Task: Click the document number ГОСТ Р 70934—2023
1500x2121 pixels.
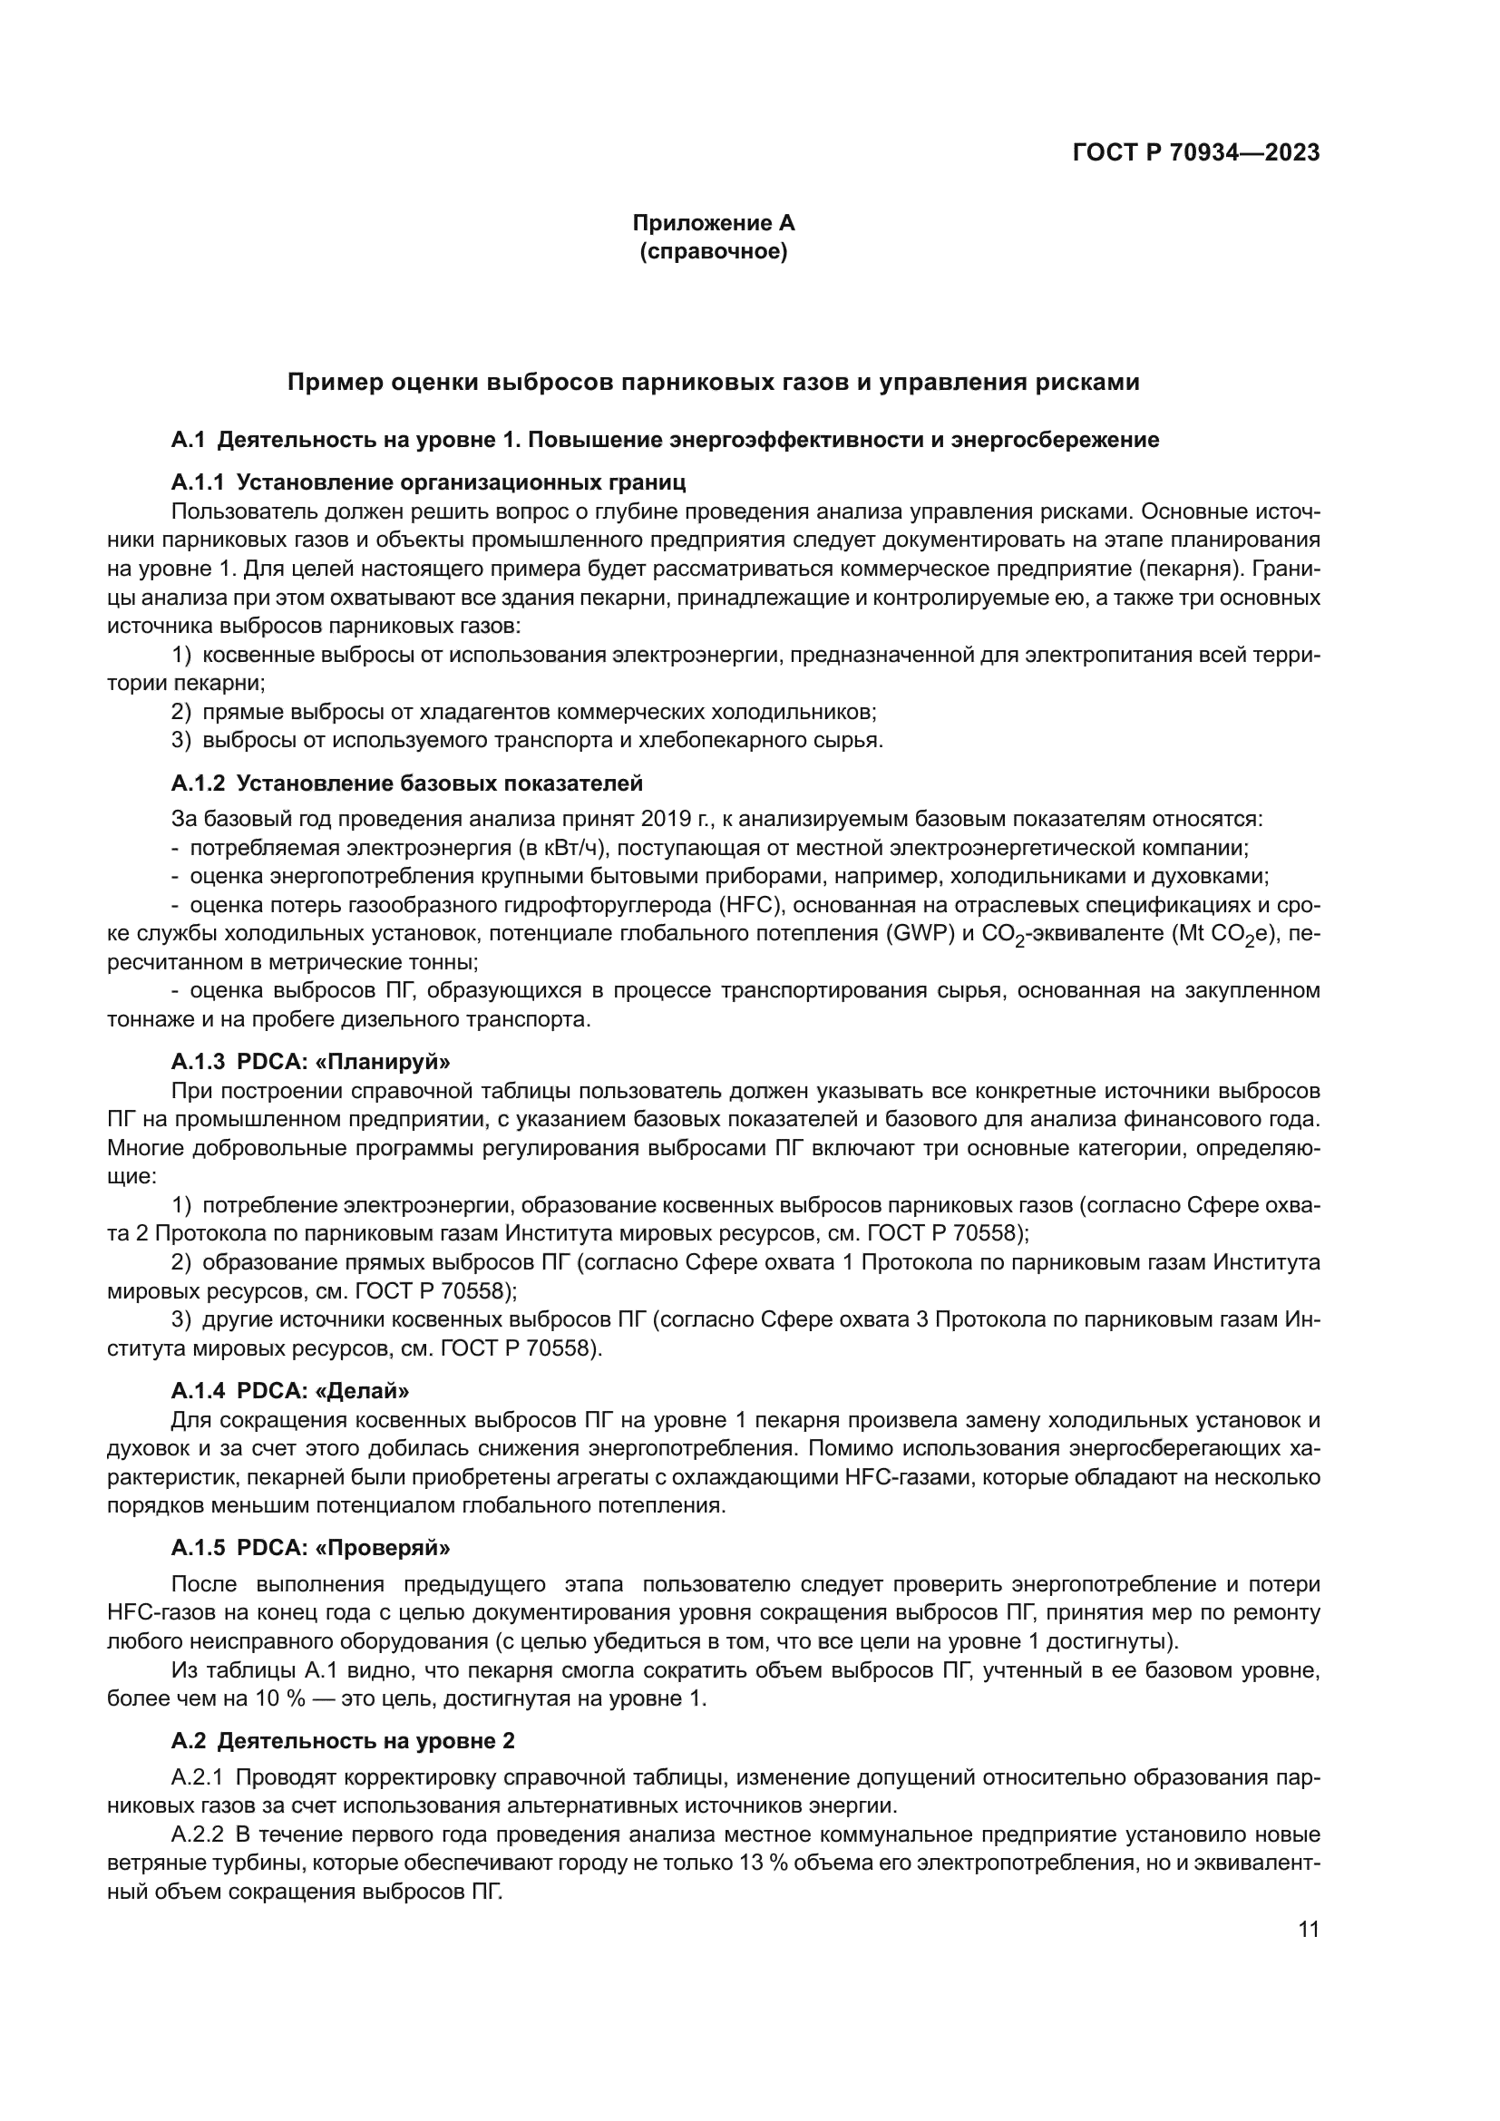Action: coord(1195,153)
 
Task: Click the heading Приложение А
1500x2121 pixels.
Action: coord(712,223)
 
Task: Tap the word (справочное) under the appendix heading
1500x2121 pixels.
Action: coord(713,252)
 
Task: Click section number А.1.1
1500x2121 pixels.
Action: coord(198,482)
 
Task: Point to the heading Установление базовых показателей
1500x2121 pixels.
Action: coord(440,784)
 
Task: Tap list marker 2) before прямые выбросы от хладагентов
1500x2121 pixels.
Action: coord(183,712)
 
